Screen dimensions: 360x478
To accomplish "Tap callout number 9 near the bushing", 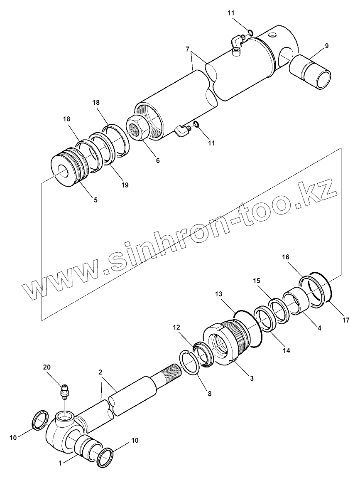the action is (x=326, y=46).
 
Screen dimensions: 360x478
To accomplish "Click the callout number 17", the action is (x=346, y=320).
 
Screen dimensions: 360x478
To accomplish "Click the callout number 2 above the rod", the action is (x=100, y=372).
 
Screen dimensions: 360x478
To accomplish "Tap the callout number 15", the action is (x=257, y=281).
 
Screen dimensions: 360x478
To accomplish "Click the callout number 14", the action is (x=286, y=350).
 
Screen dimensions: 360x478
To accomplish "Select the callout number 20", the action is (x=47, y=367).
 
